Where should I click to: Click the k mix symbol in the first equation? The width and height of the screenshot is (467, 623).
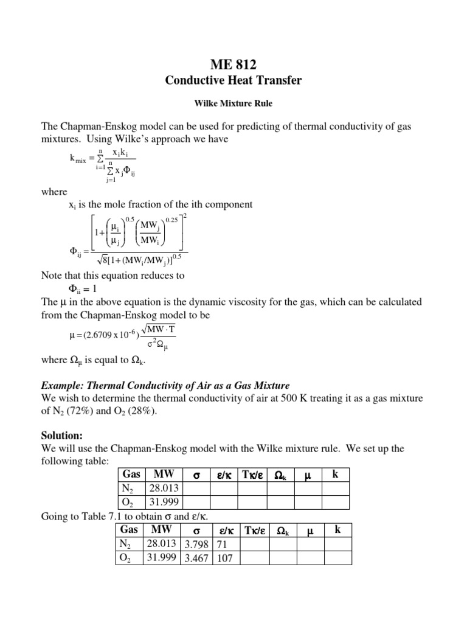pos(78,159)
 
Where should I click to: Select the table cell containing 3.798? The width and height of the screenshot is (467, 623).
pos(195,543)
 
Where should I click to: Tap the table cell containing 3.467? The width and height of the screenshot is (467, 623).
pos(195,558)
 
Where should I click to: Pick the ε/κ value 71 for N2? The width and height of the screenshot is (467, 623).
pos(221,543)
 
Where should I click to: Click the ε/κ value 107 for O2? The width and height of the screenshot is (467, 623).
pos(224,558)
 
